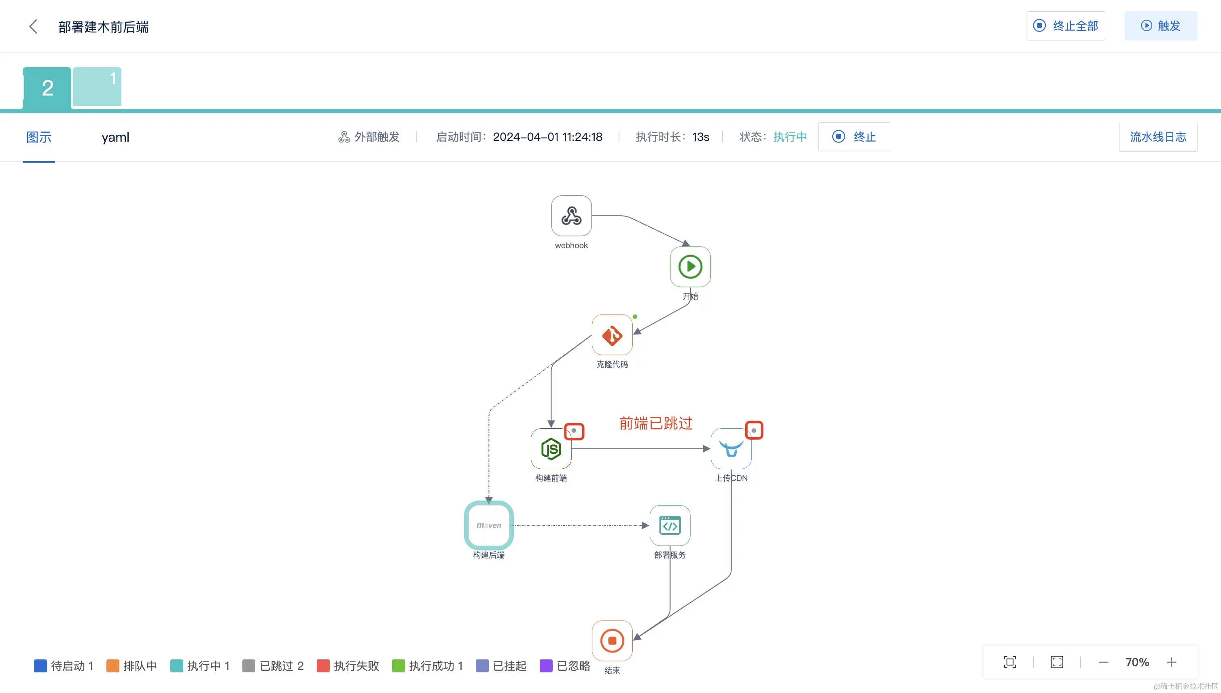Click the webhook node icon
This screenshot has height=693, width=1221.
(571, 216)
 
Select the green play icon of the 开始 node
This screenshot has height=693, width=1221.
(690, 266)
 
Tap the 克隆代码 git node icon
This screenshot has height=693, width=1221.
(612, 335)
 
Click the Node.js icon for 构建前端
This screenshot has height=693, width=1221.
(551, 449)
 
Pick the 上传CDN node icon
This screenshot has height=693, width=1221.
(731, 449)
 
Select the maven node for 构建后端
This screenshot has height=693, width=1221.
(488, 525)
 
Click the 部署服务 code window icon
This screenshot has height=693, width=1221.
(670, 525)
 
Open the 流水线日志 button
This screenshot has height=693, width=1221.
(1158, 137)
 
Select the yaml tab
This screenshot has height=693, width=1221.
(115, 137)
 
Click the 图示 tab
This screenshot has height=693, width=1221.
(38, 137)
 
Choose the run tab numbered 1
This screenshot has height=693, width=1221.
(97, 87)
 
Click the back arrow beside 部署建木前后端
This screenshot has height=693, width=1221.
(33, 27)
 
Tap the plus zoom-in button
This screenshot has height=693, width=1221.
(1172, 662)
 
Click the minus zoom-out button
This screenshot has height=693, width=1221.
(1104, 662)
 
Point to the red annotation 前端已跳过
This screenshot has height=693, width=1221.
(655, 423)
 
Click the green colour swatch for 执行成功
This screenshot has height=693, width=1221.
(398, 666)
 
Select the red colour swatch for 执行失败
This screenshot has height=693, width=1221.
(323, 666)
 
